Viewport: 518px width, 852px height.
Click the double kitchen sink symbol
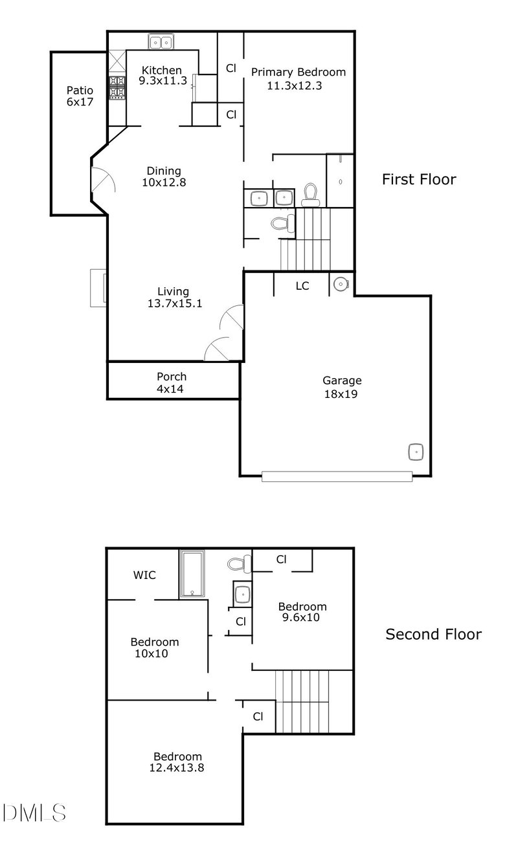[x=161, y=43]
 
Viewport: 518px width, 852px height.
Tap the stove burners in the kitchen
[x=117, y=87]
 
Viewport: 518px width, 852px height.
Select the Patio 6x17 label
[x=80, y=96]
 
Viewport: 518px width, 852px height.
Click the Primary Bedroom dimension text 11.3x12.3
[x=294, y=85]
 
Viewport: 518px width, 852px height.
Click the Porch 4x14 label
[x=172, y=382]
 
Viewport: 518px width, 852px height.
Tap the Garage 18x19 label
[x=343, y=387]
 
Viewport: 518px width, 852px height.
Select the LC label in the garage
[x=302, y=285]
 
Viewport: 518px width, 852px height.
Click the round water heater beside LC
[x=341, y=283]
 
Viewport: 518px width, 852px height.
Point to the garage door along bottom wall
[x=337, y=476]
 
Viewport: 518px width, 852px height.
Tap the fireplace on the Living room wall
[x=98, y=286]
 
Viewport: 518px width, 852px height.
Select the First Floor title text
[x=418, y=179]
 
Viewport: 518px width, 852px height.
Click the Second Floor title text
[x=433, y=634]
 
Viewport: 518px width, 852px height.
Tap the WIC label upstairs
[x=144, y=575]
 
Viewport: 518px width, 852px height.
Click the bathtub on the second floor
[x=192, y=574]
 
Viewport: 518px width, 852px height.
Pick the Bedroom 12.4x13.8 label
[x=177, y=762]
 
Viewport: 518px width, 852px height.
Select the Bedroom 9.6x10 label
[x=302, y=612]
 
